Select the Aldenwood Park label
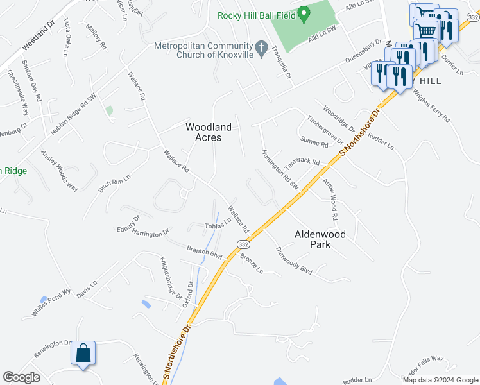click(x=320, y=239)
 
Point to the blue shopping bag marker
click(x=83, y=354)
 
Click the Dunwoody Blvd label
click(x=294, y=261)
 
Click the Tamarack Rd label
click(x=302, y=161)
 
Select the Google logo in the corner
click(x=22, y=377)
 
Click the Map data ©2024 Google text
click(x=440, y=380)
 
